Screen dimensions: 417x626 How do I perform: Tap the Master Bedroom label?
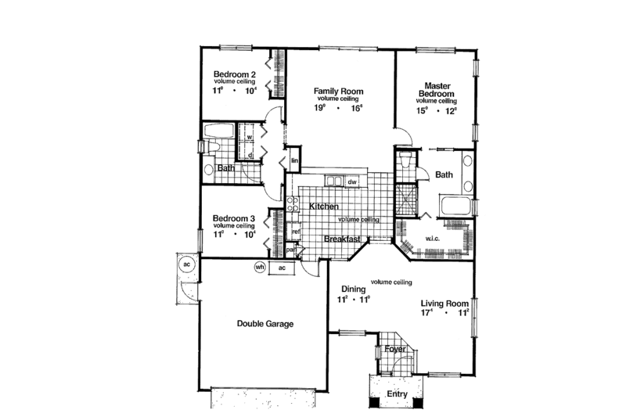(x=436, y=89)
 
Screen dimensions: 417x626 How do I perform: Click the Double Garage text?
(x=265, y=323)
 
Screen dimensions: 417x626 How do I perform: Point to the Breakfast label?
(x=342, y=239)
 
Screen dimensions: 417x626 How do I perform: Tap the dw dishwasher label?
(x=352, y=183)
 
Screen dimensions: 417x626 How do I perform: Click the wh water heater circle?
(x=260, y=267)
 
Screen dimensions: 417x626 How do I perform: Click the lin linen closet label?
(x=294, y=161)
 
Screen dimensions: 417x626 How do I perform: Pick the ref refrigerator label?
(x=296, y=232)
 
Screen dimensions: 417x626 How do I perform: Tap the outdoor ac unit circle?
(x=187, y=264)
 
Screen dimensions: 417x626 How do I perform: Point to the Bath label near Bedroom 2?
(x=226, y=168)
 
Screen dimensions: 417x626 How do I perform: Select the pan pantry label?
(x=290, y=250)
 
